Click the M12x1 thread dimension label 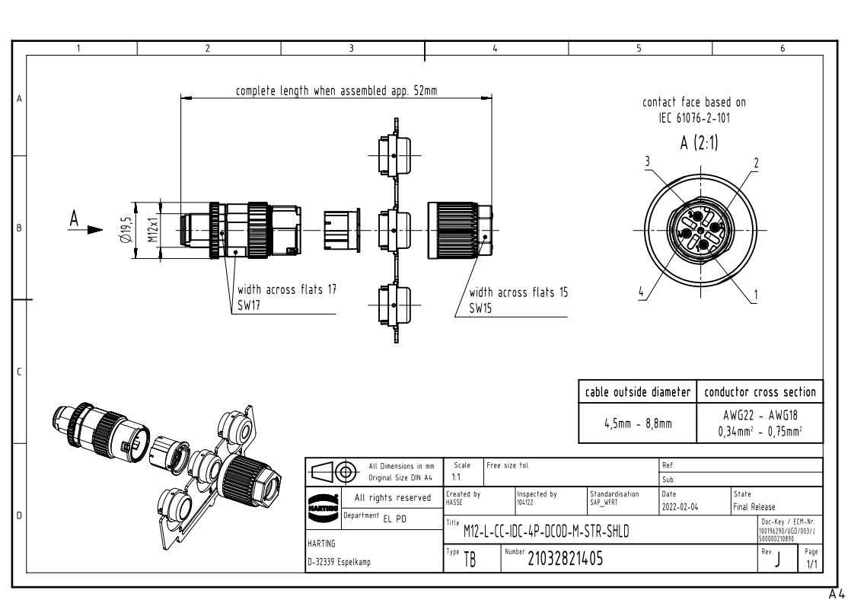coord(152,230)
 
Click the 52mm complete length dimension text coord(336,90)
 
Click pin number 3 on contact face coord(646,161)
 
